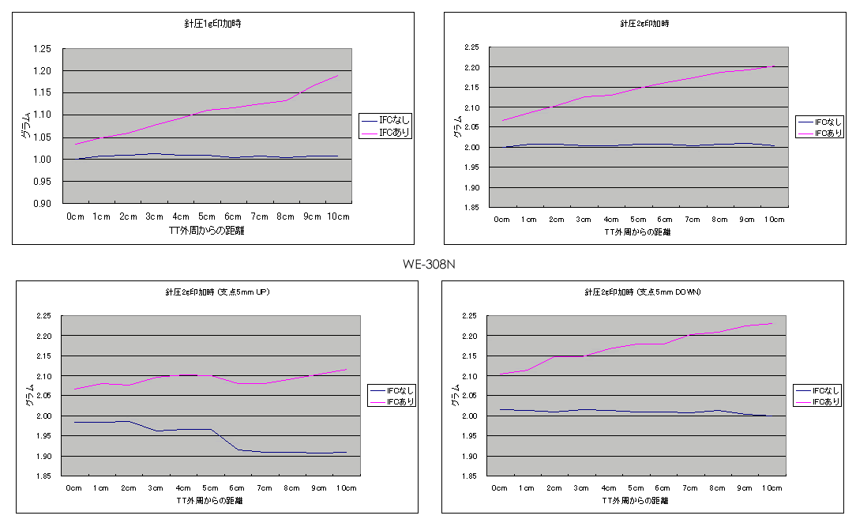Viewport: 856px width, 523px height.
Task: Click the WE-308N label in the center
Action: point(429,264)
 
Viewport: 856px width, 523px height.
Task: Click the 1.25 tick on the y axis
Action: point(40,49)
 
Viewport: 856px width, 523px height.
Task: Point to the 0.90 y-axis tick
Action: point(40,204)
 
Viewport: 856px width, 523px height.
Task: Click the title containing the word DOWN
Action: point(643,292)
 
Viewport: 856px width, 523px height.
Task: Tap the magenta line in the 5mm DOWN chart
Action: point(636,344)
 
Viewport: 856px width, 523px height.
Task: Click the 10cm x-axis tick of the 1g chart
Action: point(338,216)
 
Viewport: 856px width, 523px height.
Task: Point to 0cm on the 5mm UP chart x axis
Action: point(73,488)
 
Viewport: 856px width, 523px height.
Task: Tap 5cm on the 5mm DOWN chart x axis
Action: point(636,488)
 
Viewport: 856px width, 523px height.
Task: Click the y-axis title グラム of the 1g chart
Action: point(26,126)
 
